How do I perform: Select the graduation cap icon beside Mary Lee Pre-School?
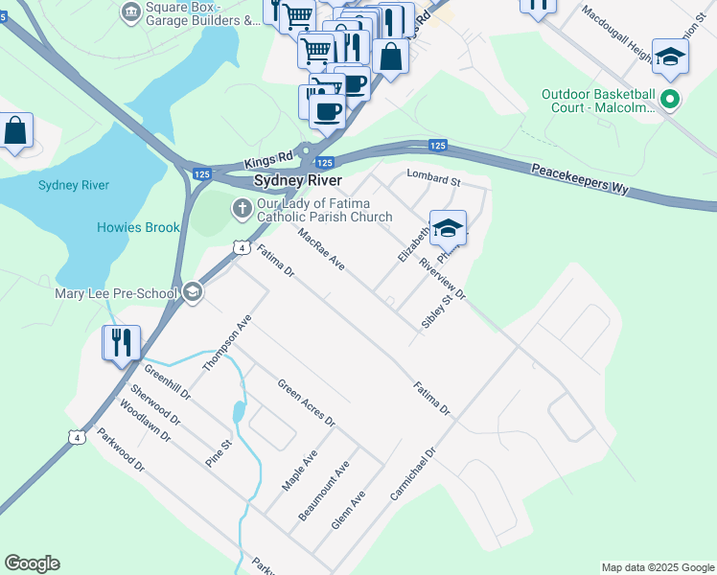193,292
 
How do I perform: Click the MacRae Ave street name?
320,248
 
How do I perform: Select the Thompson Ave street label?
226,343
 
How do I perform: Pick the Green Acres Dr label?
306,403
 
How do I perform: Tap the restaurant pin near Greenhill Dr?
122,342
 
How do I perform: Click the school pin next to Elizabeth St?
448,228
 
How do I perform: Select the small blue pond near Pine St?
238,413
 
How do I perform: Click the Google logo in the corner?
32,563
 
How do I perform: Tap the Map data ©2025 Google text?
657,567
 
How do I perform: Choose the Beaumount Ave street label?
324,491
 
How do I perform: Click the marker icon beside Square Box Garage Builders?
130,12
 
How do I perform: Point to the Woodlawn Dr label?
145,422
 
